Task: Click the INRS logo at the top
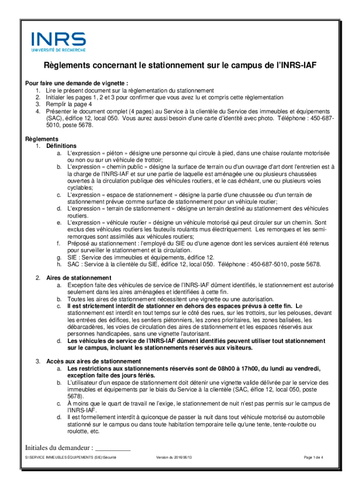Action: (x=58, y=39)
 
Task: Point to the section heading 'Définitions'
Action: (x=61, y=146)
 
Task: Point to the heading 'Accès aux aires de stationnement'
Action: (x=94, y=362)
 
